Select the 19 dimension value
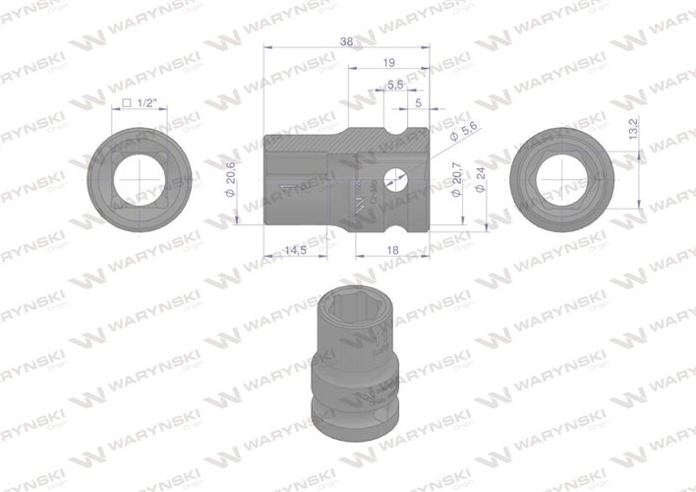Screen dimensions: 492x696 click(x=388, y=61)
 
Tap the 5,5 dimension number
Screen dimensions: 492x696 click(x=394, y=85)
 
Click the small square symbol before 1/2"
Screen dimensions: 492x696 click(x=128, y=102)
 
